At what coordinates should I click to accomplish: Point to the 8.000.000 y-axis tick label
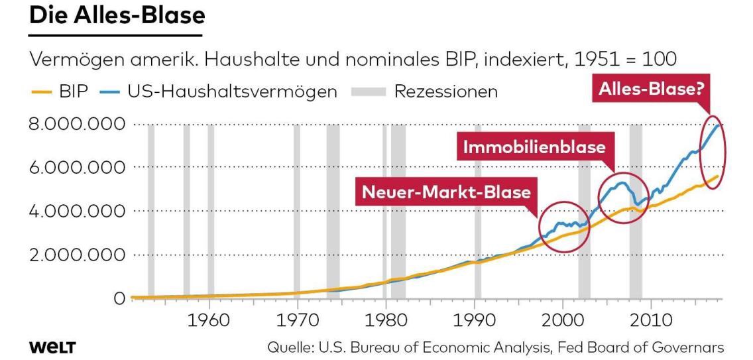coord(66,124)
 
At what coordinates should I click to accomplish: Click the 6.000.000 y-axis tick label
coord(66,168)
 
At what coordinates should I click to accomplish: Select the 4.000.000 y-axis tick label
coord(66,211)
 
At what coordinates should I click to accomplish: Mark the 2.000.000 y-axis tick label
coord(66,255)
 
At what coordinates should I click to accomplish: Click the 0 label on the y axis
coord(120,299)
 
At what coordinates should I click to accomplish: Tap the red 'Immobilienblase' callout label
coord(534,148)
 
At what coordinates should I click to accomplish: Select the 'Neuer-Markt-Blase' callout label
coord(445,192)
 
